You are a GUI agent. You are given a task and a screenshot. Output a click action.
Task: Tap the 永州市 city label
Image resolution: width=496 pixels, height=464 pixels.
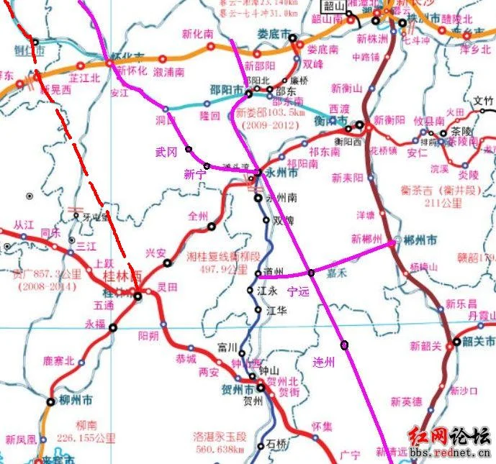(281, 173)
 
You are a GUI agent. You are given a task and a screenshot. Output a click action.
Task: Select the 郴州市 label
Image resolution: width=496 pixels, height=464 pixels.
(420, 240)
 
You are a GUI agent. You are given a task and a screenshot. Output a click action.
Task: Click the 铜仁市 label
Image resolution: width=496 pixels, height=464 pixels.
(30, 50)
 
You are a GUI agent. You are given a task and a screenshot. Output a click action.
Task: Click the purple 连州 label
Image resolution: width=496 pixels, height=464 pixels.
(325, 361)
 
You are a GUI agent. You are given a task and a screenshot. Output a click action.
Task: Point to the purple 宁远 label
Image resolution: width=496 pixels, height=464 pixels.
(297, 291)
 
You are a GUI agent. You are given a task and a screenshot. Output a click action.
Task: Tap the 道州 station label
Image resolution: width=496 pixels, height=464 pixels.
(274, 273)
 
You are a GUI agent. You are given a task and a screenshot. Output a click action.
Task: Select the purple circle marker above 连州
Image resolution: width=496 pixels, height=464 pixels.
(345, 345)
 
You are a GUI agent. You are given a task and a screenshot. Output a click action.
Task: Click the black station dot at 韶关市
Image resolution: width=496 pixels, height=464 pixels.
(456, 342)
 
